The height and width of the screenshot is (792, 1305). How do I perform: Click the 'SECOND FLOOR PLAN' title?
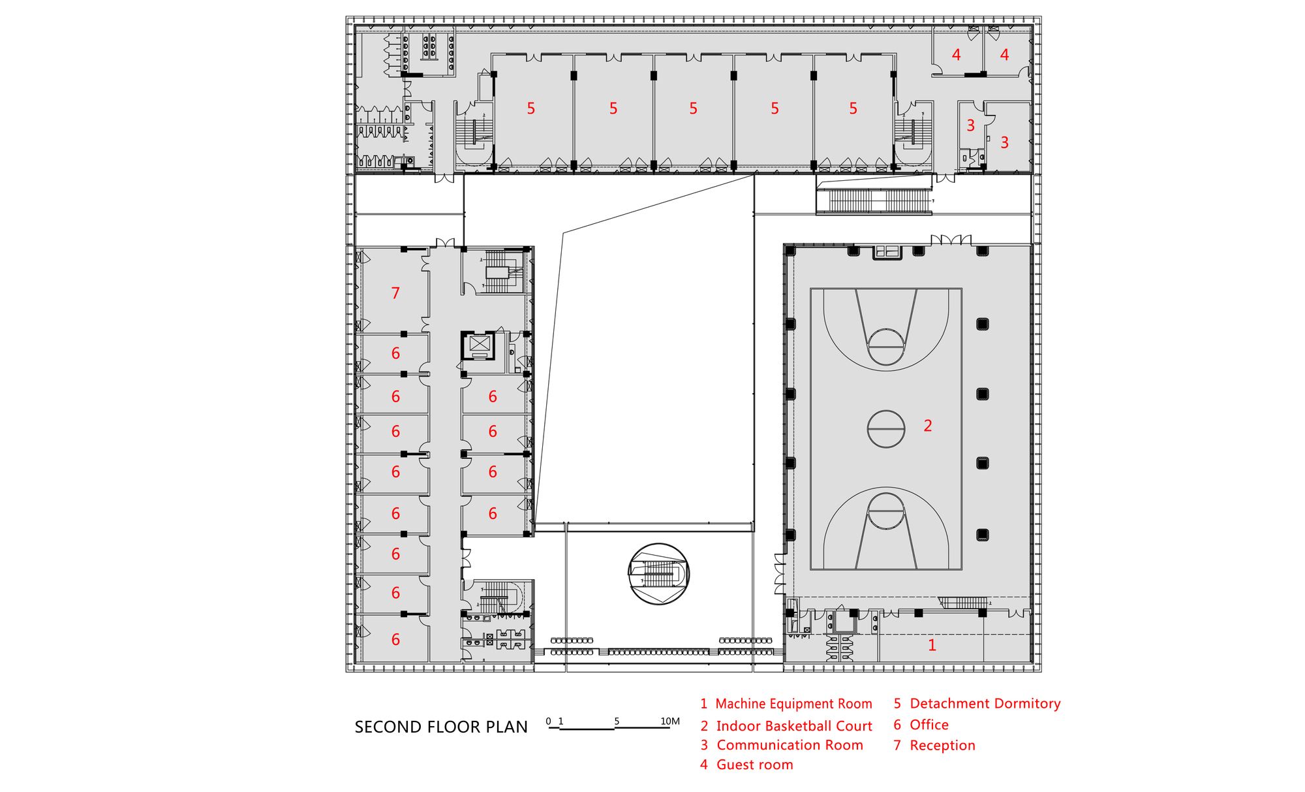click(441, 727)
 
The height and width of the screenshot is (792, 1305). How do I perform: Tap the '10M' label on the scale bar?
click(670, 721)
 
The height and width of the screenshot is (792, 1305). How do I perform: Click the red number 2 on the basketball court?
click(928, 426)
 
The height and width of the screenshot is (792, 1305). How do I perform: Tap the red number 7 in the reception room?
click(395, 294)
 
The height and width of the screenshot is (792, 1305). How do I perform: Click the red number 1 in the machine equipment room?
click(932, 646)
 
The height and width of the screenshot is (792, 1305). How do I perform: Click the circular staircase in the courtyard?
click(658, 575)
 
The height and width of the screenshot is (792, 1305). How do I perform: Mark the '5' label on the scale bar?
click(617, 721)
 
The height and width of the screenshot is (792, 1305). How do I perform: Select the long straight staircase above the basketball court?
click(874, 200)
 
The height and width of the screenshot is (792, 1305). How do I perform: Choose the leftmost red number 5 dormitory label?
click(531, 108)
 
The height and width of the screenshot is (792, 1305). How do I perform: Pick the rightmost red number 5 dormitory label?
click(853, 108)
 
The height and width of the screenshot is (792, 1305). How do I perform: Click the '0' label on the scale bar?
click(548, 721)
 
